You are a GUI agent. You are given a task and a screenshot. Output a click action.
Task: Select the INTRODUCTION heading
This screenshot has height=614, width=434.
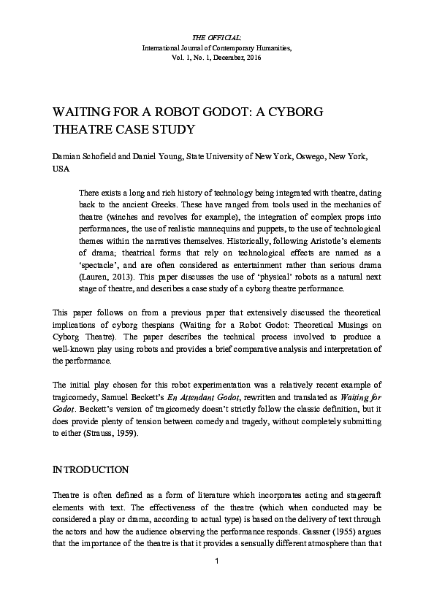91,469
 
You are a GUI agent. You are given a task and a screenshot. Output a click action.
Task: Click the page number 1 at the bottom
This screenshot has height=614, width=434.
217,561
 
